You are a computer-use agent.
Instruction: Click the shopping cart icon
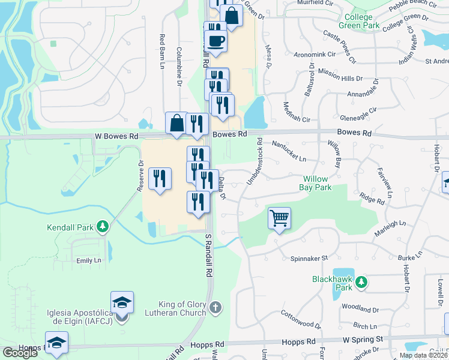click(x=279, y=218)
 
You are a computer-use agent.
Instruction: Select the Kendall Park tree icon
click(x=103, y=226)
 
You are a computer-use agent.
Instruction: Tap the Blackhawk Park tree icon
click(x=361, y=281)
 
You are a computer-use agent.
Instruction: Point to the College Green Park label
click(x=359, y=21)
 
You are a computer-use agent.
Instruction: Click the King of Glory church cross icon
click(x=216, y=308)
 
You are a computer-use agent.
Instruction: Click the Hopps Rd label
click(x=206, y=344)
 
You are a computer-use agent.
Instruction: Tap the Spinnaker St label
click(x=309, y=258)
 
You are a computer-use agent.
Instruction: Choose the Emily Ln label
click(x=88, y=260)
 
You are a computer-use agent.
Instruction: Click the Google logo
click(x=19, y=353)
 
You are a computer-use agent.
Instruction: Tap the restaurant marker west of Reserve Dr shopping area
click(x=160, y=179)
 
